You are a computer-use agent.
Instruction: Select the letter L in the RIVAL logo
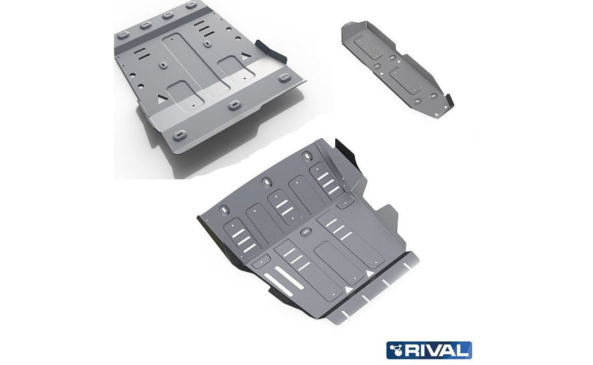[x=464, y=350]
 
